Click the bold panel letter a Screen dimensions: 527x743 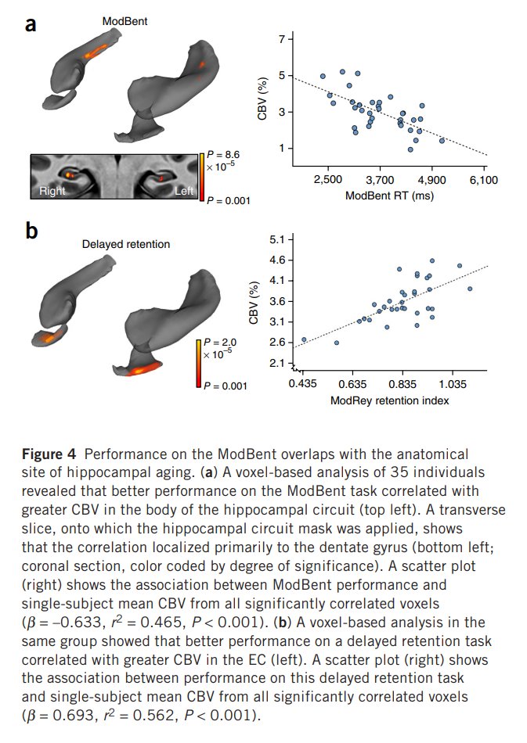coord(31,23)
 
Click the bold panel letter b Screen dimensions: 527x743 coord(31,231)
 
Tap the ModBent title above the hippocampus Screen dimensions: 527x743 coord(125,21)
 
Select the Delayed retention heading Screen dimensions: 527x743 coord(126,244)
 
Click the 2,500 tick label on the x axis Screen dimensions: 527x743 coord(328,180)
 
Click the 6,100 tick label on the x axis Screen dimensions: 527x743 coord(484,180)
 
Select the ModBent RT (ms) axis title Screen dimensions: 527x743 coord(389,196)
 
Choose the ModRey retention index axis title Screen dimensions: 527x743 coord(389,401)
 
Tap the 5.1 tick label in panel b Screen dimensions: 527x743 coord(277,240)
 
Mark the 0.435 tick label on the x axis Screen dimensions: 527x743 coord(302,383)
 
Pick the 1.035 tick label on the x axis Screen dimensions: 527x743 coord(453,383)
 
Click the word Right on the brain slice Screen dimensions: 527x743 coord(52,191)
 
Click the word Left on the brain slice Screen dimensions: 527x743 coord(184,191)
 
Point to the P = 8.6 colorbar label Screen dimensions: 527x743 coord(223,155)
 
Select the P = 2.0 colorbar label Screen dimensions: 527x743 coord(220,342)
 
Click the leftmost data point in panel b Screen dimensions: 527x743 coord(304,339)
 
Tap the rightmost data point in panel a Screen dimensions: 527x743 coord(442,141)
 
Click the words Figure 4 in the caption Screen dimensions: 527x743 coord(49,454)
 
